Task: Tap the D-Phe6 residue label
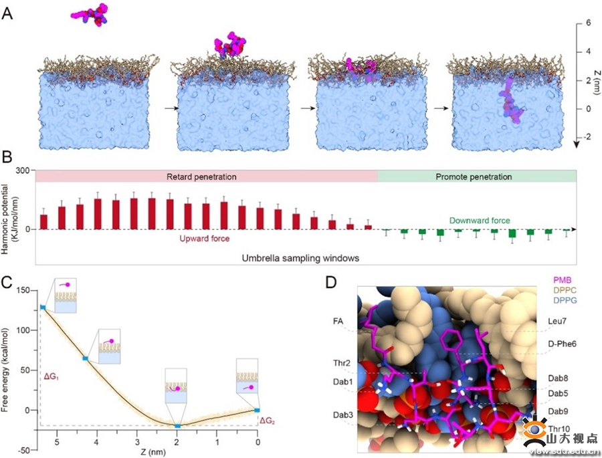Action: [562, 344]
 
